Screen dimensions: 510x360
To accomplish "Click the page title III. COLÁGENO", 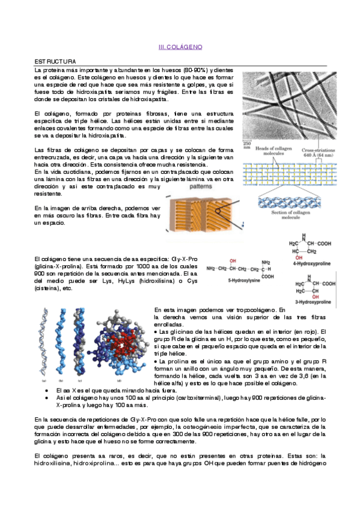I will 180,46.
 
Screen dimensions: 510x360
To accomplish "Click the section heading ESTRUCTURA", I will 55,61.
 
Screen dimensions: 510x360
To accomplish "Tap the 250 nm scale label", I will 246,144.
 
